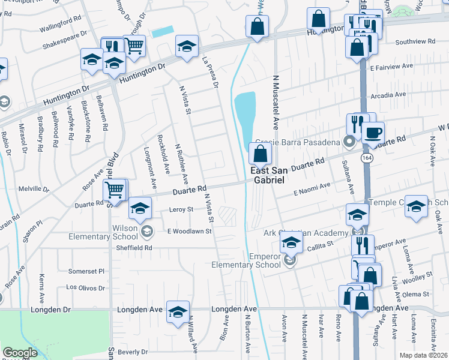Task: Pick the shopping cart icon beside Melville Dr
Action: [114, 191]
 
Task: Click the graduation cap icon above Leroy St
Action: [140, 209]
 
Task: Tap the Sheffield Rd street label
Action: [136, 247]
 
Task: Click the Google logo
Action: [20, 353]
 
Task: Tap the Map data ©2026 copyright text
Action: [423, 355]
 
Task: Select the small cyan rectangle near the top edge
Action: [163, 32]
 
